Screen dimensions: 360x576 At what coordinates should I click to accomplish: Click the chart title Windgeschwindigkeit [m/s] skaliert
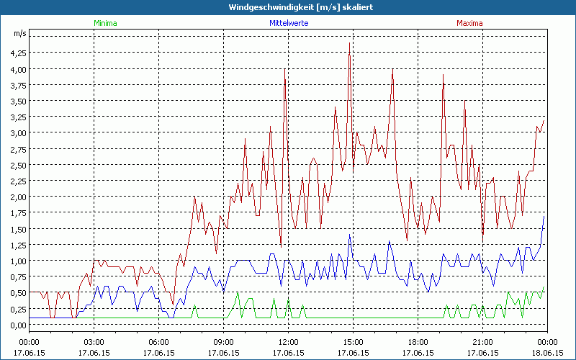(288, 7)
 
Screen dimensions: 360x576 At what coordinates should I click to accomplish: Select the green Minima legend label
(105, 23)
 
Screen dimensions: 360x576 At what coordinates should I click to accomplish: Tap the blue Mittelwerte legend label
(288, 23)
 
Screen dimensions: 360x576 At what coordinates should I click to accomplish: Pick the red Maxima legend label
(470, 23)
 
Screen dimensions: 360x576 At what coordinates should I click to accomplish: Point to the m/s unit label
(19, 34)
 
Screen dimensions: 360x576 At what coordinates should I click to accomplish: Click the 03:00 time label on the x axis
(94, 342)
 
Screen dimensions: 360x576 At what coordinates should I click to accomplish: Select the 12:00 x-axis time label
(288, 342)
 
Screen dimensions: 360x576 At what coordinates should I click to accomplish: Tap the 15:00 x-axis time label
(353, 342)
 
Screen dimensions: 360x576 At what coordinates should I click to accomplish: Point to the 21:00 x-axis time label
(482, 342)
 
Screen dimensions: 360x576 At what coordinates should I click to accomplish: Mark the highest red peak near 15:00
(349, 43)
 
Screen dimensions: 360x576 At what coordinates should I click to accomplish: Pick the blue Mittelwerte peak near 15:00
(349, 235)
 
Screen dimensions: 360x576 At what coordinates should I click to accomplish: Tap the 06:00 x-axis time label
(158, 342)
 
